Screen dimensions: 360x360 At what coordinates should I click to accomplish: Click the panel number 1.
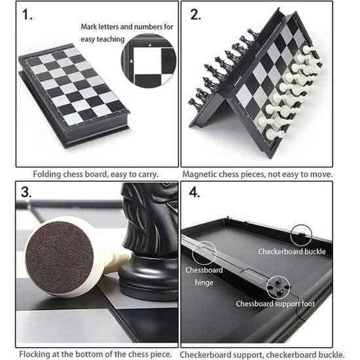click(27, 14)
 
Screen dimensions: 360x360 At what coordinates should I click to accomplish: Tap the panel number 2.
click(196, 14)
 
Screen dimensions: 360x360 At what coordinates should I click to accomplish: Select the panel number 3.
click(26, 192)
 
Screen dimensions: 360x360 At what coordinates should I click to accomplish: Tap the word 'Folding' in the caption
click(46, 174)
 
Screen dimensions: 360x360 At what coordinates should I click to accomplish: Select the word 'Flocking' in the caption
click(35, 354)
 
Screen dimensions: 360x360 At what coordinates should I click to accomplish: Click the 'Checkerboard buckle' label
click(292, 251)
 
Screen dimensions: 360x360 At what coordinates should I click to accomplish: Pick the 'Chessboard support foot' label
click(275, 304)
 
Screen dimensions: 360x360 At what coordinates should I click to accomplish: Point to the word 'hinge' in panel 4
click(204, 282)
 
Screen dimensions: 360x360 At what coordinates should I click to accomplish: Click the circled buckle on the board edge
click(301, 235)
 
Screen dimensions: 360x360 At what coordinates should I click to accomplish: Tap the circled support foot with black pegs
click(278, 287)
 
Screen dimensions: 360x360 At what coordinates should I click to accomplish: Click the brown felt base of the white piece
click(59, 257)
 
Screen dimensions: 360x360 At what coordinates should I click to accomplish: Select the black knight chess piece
click(149, 241)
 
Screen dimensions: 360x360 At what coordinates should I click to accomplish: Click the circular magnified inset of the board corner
click(149, 61)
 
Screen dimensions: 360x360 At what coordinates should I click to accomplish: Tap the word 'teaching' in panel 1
click(111, 39)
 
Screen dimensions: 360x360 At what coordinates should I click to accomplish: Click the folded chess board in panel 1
click(74, 96)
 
